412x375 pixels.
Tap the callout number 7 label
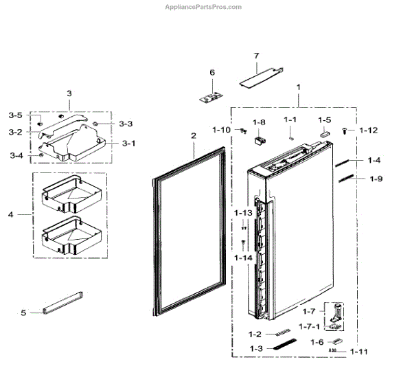tap(256, 56)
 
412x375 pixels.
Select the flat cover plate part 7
tap(261, 76)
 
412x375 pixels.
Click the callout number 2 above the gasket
tap(194, 135)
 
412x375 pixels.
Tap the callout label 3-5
tap(15, 115)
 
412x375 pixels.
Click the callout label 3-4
tap(16, 156)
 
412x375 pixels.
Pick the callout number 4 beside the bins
tap(10, 215)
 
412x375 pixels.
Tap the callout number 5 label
tap(23, 313)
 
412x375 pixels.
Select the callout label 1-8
tap(258, 122)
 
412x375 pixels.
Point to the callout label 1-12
tap(369, 130)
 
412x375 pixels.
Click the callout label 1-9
tap(376, 180)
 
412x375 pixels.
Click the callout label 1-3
tap(256, 349)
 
